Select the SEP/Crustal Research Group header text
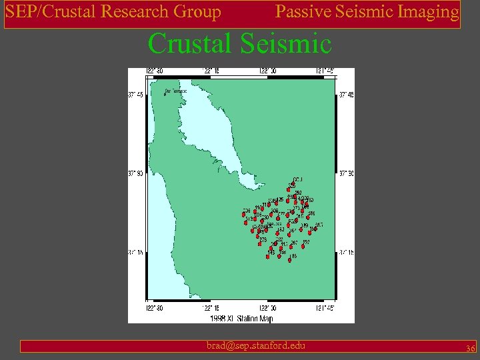pos(113,12)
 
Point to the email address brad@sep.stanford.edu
pos(256,345)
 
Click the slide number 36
pos(470,348)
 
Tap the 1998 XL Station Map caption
pos(241,319)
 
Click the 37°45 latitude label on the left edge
pos(135,94)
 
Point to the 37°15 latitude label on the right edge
pos(347,252)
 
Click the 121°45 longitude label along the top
pos(326,71)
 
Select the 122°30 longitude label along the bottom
pos(155,308)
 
